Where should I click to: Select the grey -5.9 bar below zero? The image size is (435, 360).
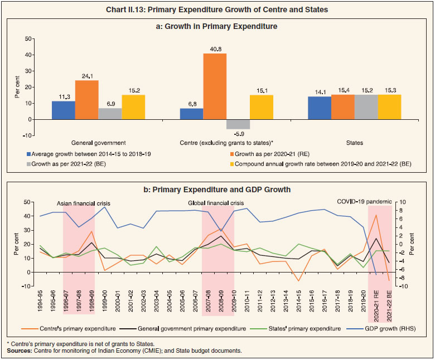(x=238, y=124)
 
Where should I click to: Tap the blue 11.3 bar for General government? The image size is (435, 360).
(x=63, y=110)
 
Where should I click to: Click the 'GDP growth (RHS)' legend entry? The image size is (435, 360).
(x=390, y=328)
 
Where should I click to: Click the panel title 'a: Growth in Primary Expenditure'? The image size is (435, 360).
(x=217, y=26)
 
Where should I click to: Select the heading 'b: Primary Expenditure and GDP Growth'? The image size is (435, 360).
(x=217, y=189)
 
